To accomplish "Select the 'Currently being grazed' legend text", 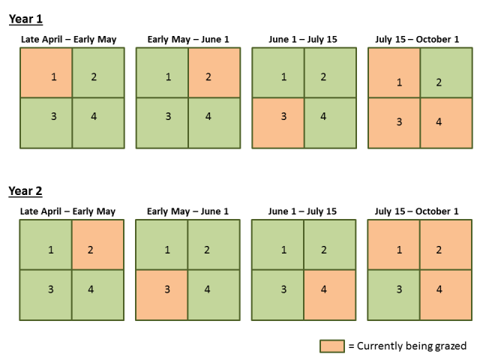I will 407,346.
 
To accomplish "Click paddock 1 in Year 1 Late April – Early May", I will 46,73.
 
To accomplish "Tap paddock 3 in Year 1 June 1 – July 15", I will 278,123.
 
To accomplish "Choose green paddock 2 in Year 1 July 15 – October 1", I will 446,73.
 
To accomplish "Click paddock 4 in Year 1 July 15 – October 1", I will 446,123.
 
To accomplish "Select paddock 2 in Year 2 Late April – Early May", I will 98,244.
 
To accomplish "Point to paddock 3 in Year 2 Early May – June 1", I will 162,294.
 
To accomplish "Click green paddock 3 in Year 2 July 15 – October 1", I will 394,294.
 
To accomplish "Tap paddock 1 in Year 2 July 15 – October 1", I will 394,244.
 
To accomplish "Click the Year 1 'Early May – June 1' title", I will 187,39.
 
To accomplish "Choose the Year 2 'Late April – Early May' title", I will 71,211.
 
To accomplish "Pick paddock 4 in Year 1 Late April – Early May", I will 98,123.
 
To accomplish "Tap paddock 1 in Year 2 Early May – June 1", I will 162,244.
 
